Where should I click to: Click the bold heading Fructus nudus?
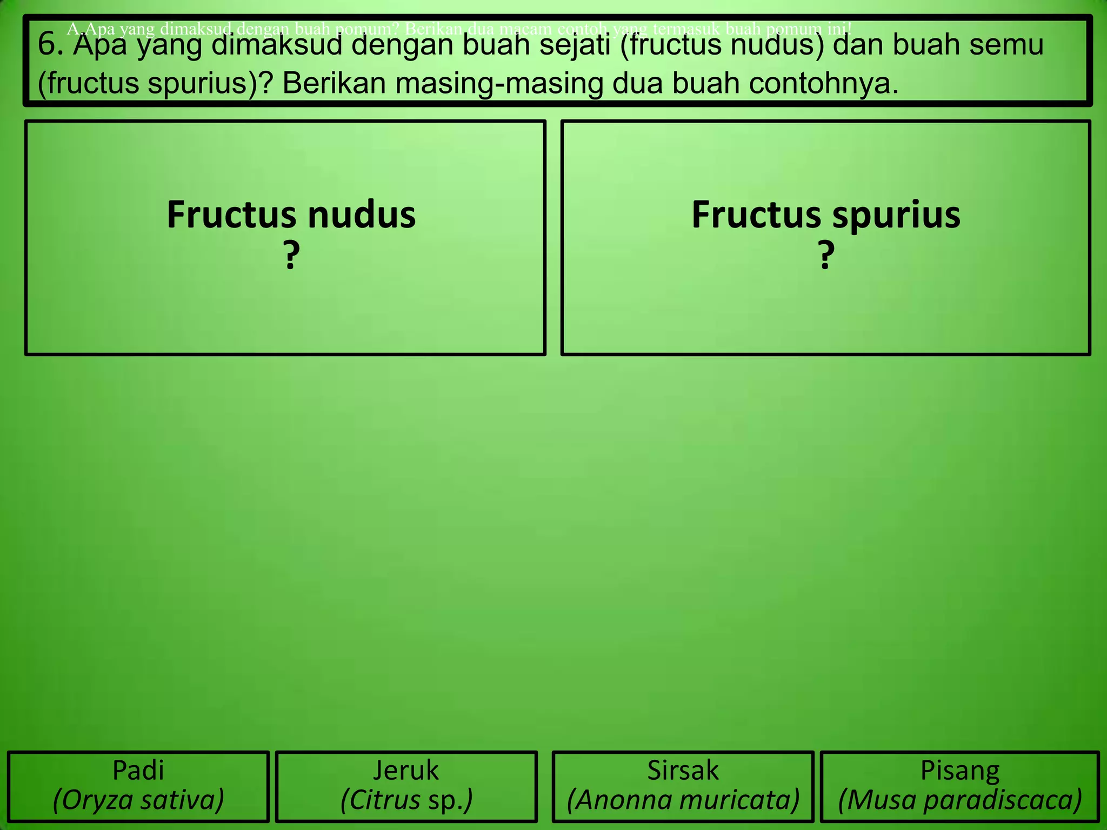[291, 215]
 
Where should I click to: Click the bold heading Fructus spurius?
[825, 215]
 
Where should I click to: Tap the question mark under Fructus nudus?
[291, 256]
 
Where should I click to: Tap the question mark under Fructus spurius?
[825, 256]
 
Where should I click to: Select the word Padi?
[138, 770]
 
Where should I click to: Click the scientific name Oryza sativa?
[138, 800]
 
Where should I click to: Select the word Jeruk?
[406, 770]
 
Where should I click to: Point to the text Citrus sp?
[406, 800]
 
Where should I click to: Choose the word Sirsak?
[683, 770]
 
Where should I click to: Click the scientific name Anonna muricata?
[683, 800]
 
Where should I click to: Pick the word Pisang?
[960, 770]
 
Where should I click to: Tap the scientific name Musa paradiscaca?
[960, 800]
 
